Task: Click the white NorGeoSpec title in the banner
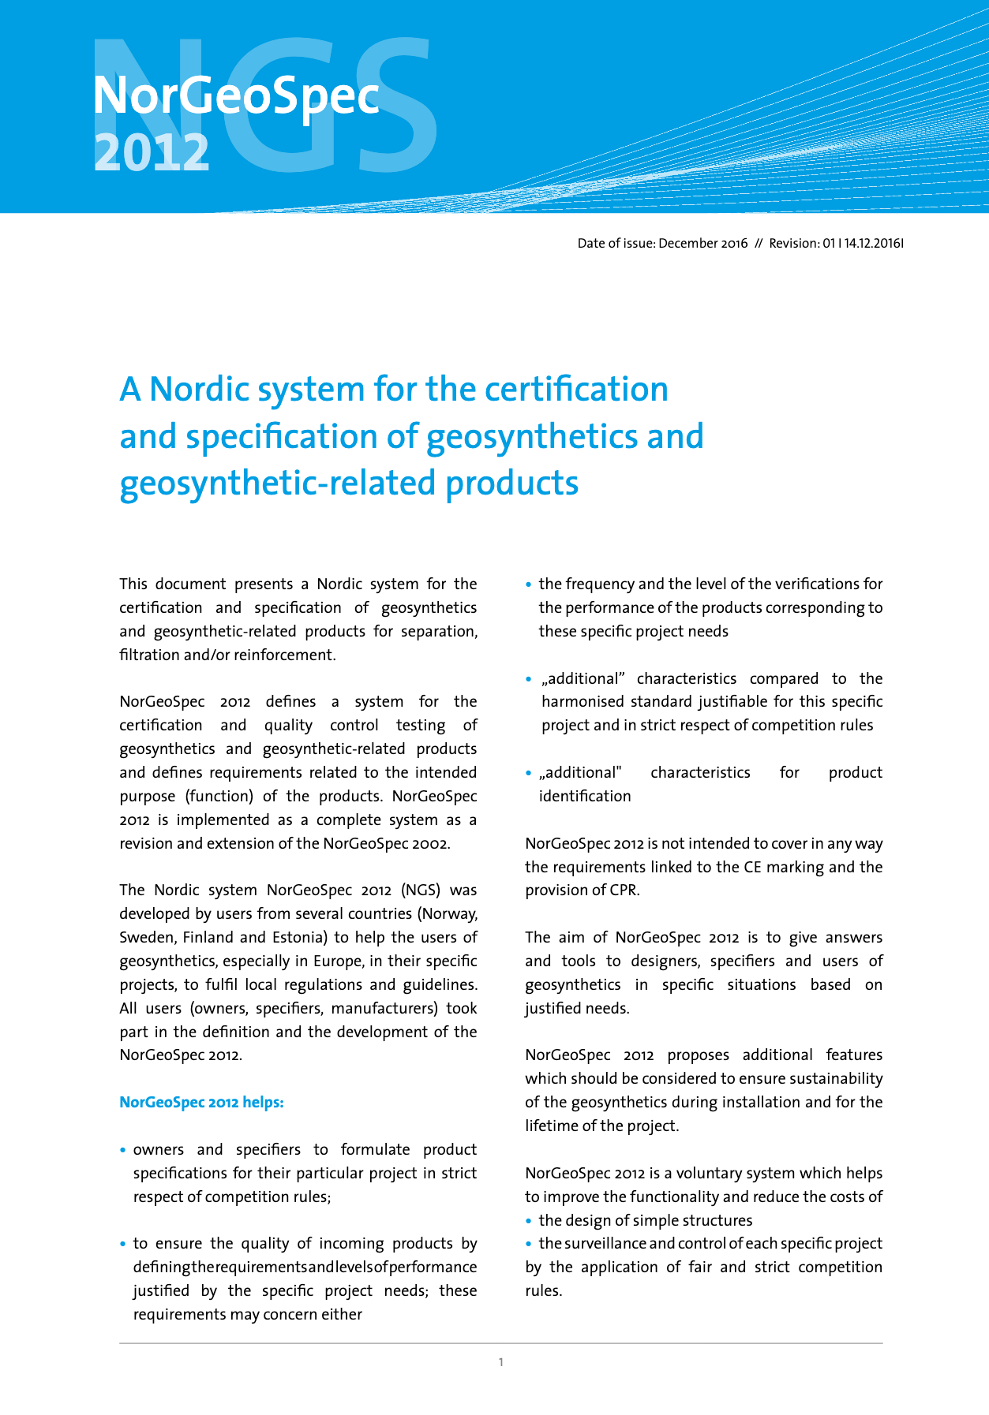[x=236, y=96]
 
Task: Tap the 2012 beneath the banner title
[x=152, y=151]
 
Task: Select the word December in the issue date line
[x=688, y=243]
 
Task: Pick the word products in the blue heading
[x=511, y=483]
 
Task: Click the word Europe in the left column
[x=335, y=961]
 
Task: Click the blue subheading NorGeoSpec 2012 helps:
[x=201, y=1102]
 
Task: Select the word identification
[x=585, y=797]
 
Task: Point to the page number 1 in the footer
[x=501, y=1362]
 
